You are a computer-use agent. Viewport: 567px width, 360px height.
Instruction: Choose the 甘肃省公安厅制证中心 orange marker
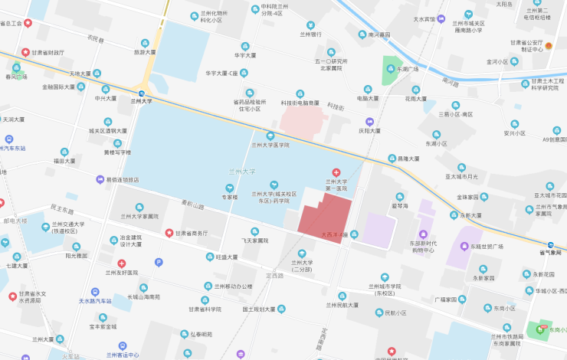point(549,47)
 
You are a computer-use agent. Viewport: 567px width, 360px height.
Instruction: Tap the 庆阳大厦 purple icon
point(369,121)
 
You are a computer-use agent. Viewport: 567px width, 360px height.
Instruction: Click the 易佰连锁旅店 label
point(123,179)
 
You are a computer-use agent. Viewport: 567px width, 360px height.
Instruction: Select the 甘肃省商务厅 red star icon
point(169,233)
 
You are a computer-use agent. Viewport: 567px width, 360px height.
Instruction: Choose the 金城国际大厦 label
point(58,87)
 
